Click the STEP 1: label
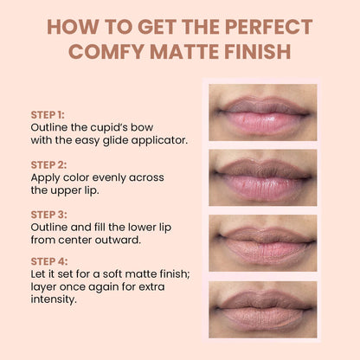tap(47, 114)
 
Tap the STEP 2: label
tap(48, 162)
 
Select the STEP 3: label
tap(48, 213)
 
